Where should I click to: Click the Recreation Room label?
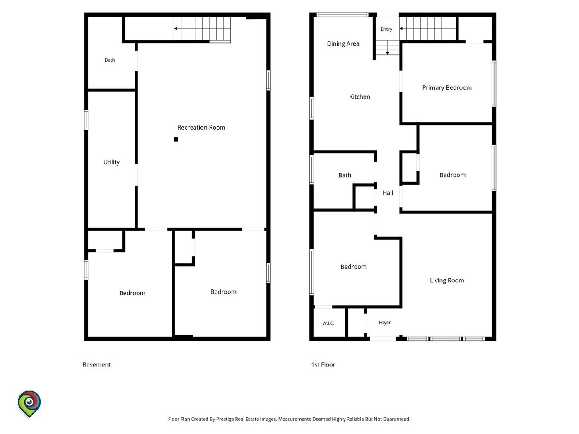201,127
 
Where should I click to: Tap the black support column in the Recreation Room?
176,139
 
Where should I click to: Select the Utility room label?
111,162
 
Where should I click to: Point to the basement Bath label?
110,60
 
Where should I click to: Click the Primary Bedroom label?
447,88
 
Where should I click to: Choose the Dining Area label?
343,44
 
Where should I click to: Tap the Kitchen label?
359,97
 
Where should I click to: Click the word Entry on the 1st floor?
386,29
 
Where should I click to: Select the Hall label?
388,193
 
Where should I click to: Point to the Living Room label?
447,280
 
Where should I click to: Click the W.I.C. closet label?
328,323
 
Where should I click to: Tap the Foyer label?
385,323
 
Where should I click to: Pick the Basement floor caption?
96,365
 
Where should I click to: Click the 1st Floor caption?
323,365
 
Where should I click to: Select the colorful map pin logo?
29,404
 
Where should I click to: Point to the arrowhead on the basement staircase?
175,28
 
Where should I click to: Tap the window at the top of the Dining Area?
343,15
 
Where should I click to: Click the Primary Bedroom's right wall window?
494,83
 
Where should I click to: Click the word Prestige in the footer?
225,419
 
